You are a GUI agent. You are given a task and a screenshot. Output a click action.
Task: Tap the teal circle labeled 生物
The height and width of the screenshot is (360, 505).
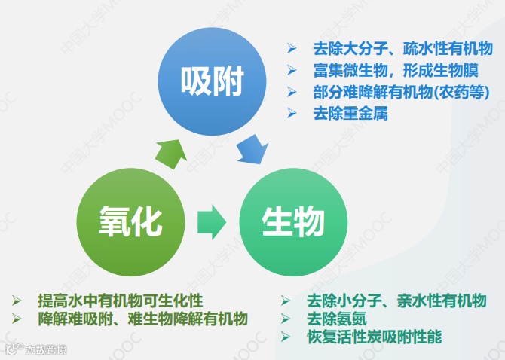[x=292, y=221]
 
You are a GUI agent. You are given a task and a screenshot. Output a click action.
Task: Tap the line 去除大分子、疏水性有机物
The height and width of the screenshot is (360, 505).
[x=397, y=49]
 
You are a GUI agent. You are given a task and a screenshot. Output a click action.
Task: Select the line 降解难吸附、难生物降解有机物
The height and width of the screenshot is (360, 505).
[x=143, y=318]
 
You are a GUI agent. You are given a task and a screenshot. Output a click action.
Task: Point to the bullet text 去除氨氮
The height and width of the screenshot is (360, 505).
[x=337, y=319]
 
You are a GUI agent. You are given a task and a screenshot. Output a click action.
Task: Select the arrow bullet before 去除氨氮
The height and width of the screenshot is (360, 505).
[x=286, y=319]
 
